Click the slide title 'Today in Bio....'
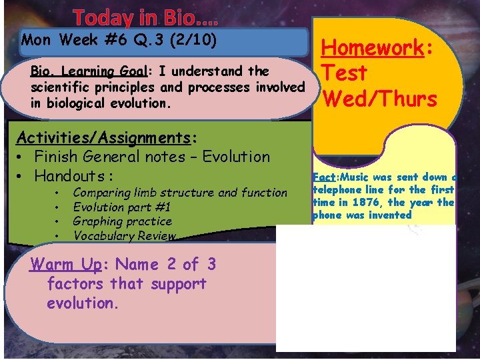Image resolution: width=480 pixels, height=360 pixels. coord(145,17)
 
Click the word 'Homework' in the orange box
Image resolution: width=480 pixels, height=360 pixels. coord(373,48)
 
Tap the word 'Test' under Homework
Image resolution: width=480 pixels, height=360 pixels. coord(345,73)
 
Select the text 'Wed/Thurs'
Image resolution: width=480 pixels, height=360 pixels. coord(379,99)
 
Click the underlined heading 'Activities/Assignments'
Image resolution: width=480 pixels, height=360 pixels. coord(103,137)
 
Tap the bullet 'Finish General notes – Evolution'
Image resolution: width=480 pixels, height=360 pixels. coord(151,157)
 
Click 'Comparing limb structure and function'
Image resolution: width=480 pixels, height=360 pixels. coord(180,193)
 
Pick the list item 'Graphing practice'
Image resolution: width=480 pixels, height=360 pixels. coord(122,221)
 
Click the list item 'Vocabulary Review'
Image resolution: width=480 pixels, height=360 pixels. coord(124,235)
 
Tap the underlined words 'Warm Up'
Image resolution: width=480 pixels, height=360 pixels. coord(65,265)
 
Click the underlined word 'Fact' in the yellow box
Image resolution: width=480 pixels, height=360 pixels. coord(324,177)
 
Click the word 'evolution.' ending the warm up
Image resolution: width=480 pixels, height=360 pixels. coord(82,303)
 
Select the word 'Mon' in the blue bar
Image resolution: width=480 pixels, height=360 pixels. coord(36,39)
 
